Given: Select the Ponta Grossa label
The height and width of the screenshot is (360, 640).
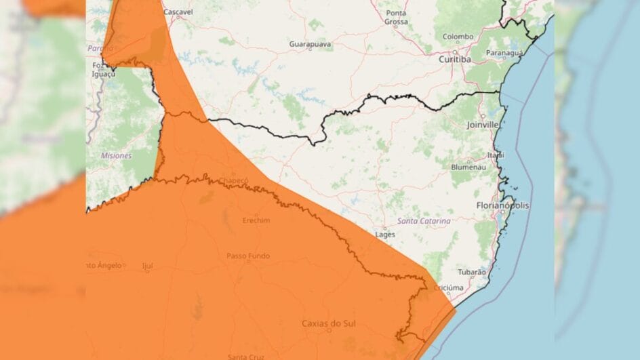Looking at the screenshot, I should coord(396,18).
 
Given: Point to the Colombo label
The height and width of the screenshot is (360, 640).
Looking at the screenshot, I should coord(458,37).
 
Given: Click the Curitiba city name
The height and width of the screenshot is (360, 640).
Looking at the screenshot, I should coord(454,59).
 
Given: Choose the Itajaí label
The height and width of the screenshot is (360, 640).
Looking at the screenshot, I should coord(496,155).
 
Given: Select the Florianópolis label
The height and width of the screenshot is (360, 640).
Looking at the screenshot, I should coord(503,205).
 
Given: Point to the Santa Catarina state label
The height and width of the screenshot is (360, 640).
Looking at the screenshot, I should coord(424,221).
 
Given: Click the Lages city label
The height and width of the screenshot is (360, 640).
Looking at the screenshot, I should coord(384,235).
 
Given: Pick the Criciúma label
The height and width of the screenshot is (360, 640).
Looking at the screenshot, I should coord(449,287).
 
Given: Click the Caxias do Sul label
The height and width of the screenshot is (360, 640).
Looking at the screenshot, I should coord(327,323).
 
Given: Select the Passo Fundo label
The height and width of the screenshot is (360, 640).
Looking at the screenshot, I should coord(248,256).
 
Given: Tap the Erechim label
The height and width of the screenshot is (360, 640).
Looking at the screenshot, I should coord(256,220).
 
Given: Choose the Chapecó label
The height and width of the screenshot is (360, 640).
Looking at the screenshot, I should coord(234,180).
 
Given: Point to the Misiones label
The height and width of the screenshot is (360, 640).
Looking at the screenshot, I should coord(116,155).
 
